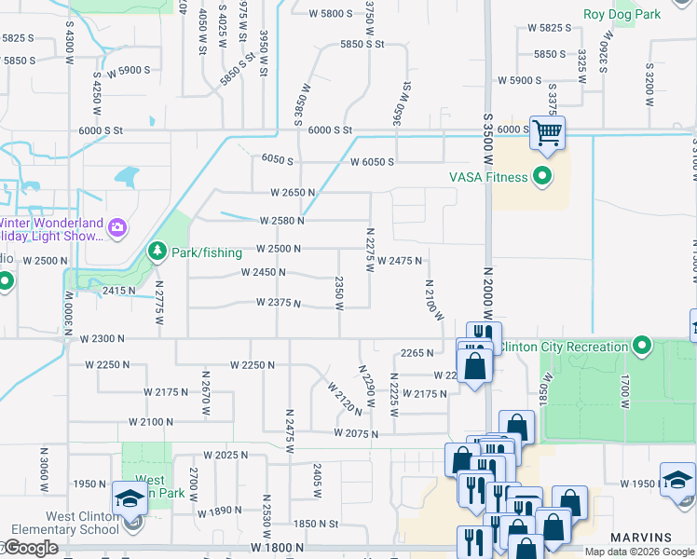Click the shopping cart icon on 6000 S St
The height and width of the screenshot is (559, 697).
[547, 133]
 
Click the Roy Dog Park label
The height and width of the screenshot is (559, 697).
[622, 14]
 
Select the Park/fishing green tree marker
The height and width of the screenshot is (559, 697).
[157, 252]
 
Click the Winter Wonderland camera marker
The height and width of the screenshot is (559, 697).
[117, 227]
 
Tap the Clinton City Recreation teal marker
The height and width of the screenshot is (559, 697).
[641, 347]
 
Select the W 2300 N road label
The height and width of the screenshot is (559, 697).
[102, 339]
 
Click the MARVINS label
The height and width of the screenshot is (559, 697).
[641, 538]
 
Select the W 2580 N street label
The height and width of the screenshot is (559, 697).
[278, 221]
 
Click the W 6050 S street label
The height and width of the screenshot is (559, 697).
[372, 162]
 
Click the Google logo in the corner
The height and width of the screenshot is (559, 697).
[31, 549]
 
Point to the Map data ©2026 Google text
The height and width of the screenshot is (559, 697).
[640, 552]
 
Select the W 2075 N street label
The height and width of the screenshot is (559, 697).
[357, 434]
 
